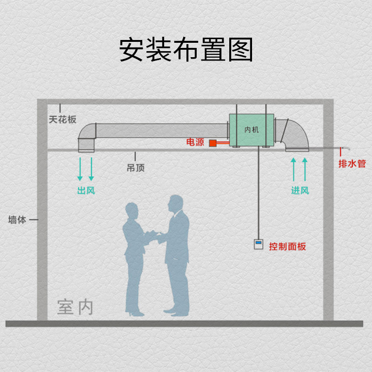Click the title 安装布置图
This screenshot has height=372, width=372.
pos(186,50)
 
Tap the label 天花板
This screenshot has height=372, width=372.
pos(63,120)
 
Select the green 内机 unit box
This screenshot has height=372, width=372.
pos(250,130)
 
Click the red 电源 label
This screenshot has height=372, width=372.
pos(195,142)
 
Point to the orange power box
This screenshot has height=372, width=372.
pos(214,143)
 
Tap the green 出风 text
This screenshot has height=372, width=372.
pos(86,190)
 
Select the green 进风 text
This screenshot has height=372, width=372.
pos(300,190)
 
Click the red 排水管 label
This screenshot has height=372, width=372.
pos(352,164)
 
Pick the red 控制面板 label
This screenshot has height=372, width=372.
pos(287,246)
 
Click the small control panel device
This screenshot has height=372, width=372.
pos(259,244)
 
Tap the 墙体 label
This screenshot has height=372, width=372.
pos(18,220)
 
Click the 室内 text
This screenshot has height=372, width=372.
pos(75,307)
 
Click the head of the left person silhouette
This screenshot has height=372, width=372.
pos(132,212)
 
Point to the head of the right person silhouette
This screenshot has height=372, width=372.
pos(175,203)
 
